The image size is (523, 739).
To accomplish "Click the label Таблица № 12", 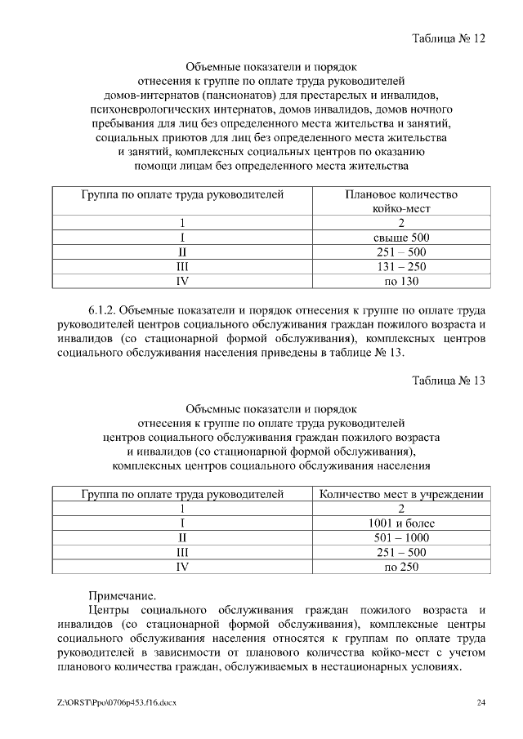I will click(449, 39).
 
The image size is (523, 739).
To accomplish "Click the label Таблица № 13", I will click(449, 381).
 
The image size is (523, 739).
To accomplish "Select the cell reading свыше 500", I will click(401, 238).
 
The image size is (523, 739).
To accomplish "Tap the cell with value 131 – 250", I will click(401, 267).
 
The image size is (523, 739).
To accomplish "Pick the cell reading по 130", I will click(401, 282).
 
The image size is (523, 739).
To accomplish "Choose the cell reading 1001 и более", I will click(401, 523).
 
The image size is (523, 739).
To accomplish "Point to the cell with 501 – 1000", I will click(401, 538).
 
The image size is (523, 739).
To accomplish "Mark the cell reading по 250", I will click(401, 568).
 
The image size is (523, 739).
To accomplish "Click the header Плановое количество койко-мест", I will click(401, 202).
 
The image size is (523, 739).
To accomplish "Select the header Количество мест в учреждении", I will click(401, 494).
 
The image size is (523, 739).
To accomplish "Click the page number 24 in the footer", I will click(481, 703).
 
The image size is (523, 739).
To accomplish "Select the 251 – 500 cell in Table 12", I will click(401, 252).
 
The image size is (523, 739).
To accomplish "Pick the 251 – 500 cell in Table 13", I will click(401, 553).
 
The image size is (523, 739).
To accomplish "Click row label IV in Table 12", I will click(183, 282).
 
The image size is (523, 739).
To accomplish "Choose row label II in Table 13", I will click(183, 538).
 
